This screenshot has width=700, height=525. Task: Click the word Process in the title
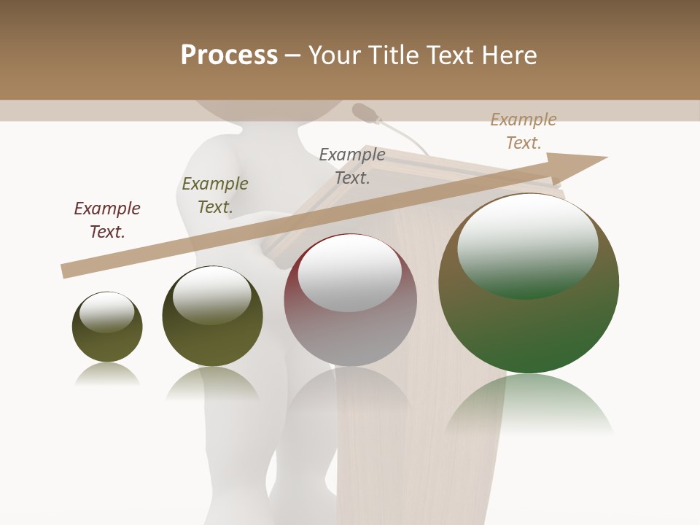point(229,55)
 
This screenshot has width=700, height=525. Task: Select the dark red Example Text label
point(107,220)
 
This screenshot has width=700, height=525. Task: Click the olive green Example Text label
point(215,195)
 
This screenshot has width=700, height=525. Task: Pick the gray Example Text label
point(352,166)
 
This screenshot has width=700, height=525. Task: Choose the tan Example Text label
point(524,131)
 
